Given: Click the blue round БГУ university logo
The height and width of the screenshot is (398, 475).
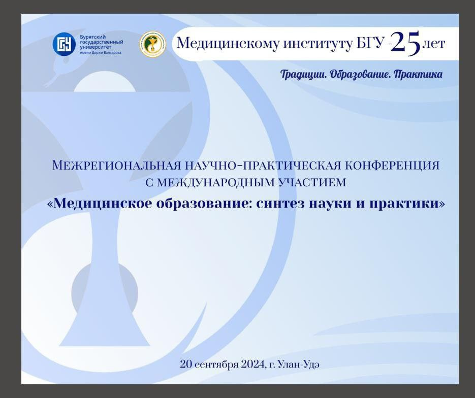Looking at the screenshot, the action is tap(64, 44).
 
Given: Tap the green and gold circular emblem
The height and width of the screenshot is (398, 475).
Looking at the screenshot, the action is tap(153, 44).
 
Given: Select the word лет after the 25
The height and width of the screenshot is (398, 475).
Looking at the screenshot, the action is tap(433, 44).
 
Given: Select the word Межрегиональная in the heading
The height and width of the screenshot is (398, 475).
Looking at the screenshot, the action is tap(116, 165).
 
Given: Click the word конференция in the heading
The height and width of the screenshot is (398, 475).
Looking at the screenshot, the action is tap(392, 165).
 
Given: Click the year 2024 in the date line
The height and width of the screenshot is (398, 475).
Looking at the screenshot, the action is tap(254, 364).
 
